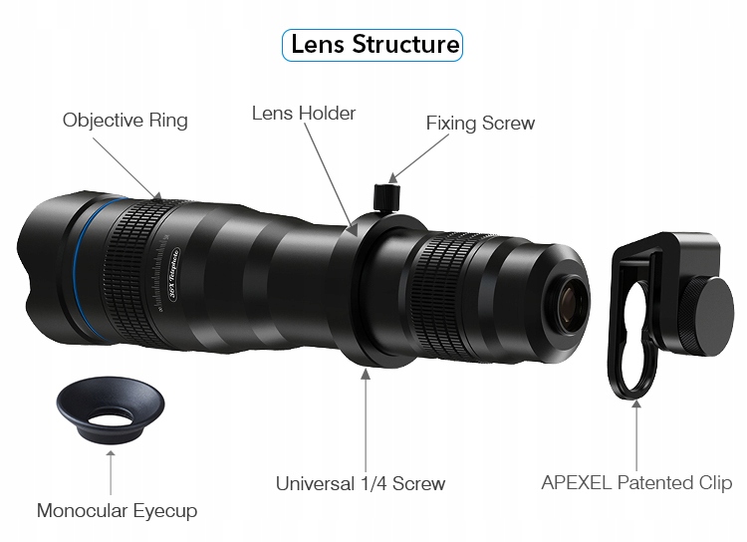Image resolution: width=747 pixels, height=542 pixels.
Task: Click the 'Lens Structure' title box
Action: (373, 45)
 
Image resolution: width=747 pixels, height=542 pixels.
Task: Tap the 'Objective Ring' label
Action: (124, 121)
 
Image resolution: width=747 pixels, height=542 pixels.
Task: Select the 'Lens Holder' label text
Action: (303, 113)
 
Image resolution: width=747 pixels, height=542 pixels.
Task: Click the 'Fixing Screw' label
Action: (480, 124)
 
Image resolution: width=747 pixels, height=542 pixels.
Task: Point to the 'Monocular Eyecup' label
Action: (117, 511)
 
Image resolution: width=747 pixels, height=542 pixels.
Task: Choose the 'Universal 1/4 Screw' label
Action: (361, 484)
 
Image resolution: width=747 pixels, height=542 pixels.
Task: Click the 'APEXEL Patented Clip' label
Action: (636, 483)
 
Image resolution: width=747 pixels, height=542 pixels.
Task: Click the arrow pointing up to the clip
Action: (636, 433)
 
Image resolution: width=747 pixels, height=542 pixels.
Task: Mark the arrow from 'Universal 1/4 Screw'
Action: (366, 418)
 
